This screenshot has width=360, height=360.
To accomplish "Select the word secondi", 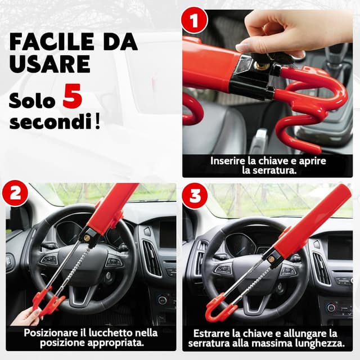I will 51,121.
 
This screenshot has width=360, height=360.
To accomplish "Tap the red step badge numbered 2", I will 15,195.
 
